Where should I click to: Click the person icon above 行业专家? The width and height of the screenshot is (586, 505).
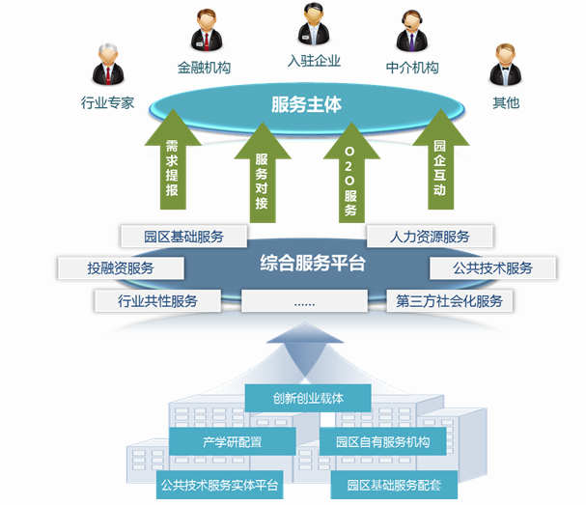click(107, 67)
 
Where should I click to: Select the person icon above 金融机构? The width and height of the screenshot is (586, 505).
click(204, 32)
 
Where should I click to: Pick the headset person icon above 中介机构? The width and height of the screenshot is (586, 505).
click(412, 32)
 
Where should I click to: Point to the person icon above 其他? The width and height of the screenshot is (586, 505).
click(505, 66)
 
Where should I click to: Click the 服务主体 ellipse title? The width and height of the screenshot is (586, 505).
click(306, 104)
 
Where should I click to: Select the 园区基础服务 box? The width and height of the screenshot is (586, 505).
click(183, 236)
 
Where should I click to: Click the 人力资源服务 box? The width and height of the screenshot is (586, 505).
click(431, 236)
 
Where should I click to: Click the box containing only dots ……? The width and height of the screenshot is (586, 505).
click(304, 300)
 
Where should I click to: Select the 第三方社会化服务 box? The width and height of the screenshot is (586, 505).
click(449, 300)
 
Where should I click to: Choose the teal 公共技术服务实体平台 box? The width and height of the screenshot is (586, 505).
click(219, 485)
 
